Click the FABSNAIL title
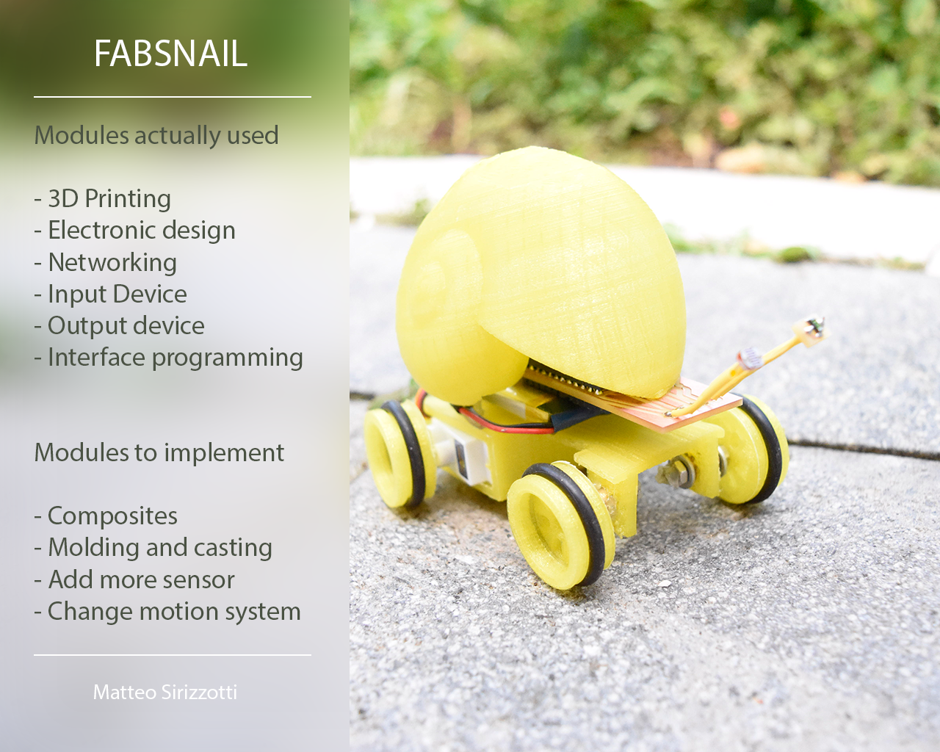[170, 54]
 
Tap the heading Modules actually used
[156, 135]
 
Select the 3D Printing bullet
[103, 199]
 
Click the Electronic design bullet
[135, 231]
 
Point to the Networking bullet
[106, 263]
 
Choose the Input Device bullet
[111, 294]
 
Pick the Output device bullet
[120, 326]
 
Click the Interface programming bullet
[169, 358]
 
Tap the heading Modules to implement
[159, 452]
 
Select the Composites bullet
[106, 516]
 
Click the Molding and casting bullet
[153, 548]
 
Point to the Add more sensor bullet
[134, 580]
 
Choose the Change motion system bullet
[167, 612]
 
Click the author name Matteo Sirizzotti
[165, 693]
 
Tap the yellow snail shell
[540, 271]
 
